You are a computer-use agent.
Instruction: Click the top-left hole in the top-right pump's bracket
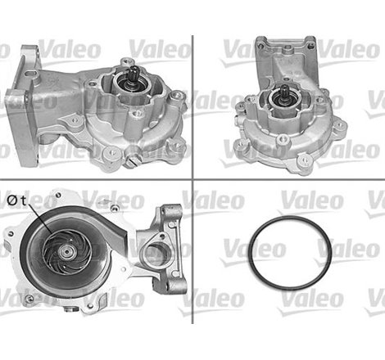(261, 43)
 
